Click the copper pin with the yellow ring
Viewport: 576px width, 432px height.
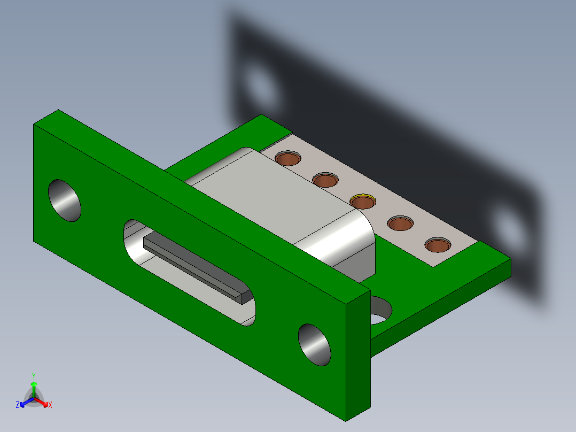(363, 202)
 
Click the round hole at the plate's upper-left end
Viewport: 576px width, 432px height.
(65, 200)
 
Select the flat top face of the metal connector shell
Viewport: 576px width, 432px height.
(278, 198)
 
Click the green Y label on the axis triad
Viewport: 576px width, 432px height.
(33, 375)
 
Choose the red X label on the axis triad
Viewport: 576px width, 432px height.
(50, 405)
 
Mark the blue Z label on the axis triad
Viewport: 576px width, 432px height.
(18, 405)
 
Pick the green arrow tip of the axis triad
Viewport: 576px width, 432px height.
(33, 384)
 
